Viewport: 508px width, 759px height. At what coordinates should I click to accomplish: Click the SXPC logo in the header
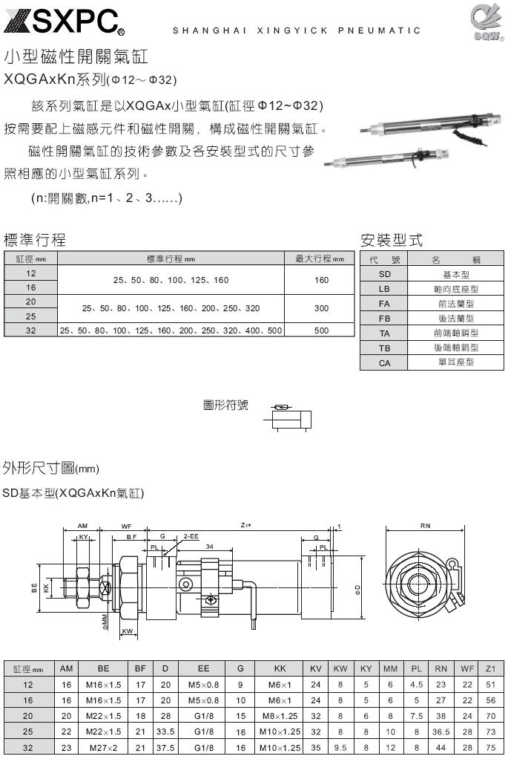point(63,22)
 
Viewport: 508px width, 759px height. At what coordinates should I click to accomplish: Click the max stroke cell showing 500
point(321,330)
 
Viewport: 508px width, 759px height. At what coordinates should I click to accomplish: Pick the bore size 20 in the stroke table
point(30,302)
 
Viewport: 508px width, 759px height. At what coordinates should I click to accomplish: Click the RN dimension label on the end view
point(426,525)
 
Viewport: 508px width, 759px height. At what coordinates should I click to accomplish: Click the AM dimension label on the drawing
point(83,526)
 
